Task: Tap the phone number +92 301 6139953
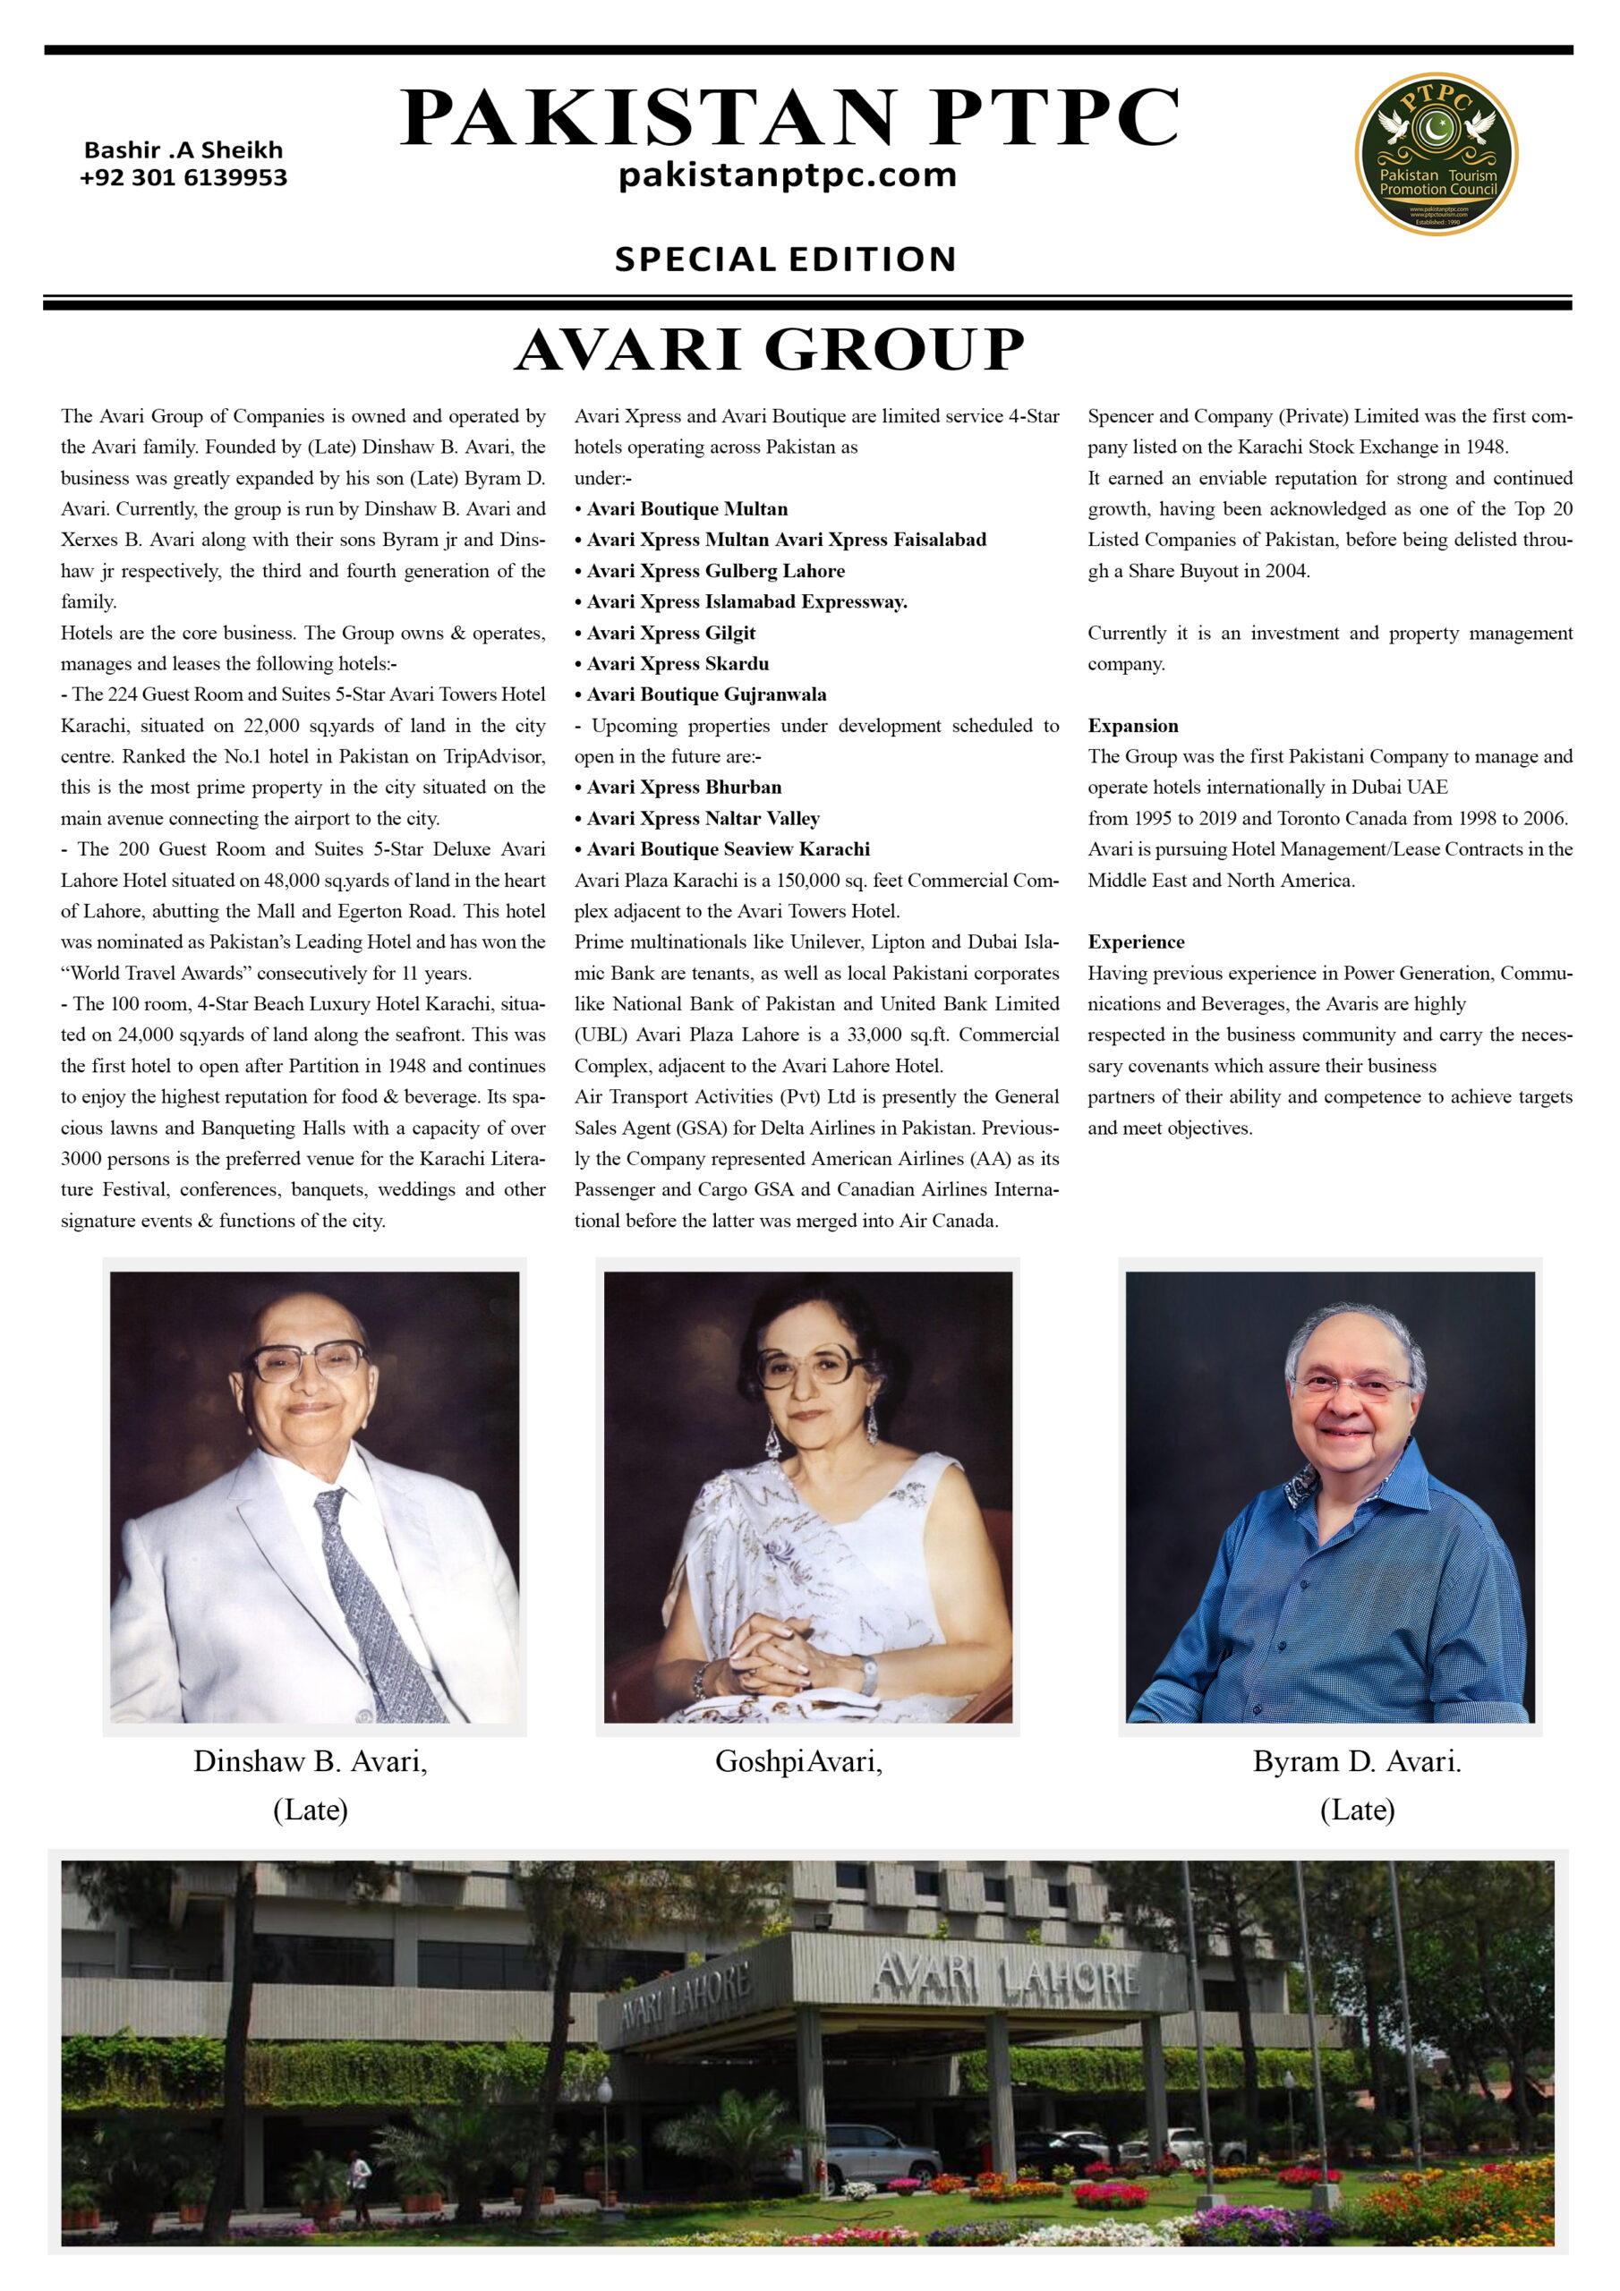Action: (x=183, y=177)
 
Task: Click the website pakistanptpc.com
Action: (x=788, y=175)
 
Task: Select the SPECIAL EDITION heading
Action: (x=786, y=259)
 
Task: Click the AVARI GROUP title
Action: (x=770, y=349)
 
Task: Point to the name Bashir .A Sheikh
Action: (x=183, y=149)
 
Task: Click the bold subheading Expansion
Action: (x=1132, y=726)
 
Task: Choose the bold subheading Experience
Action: (x=1136, y=942)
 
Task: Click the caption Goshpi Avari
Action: (x=798, y=1761)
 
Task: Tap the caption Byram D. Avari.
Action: (x=1357, y=1761)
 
